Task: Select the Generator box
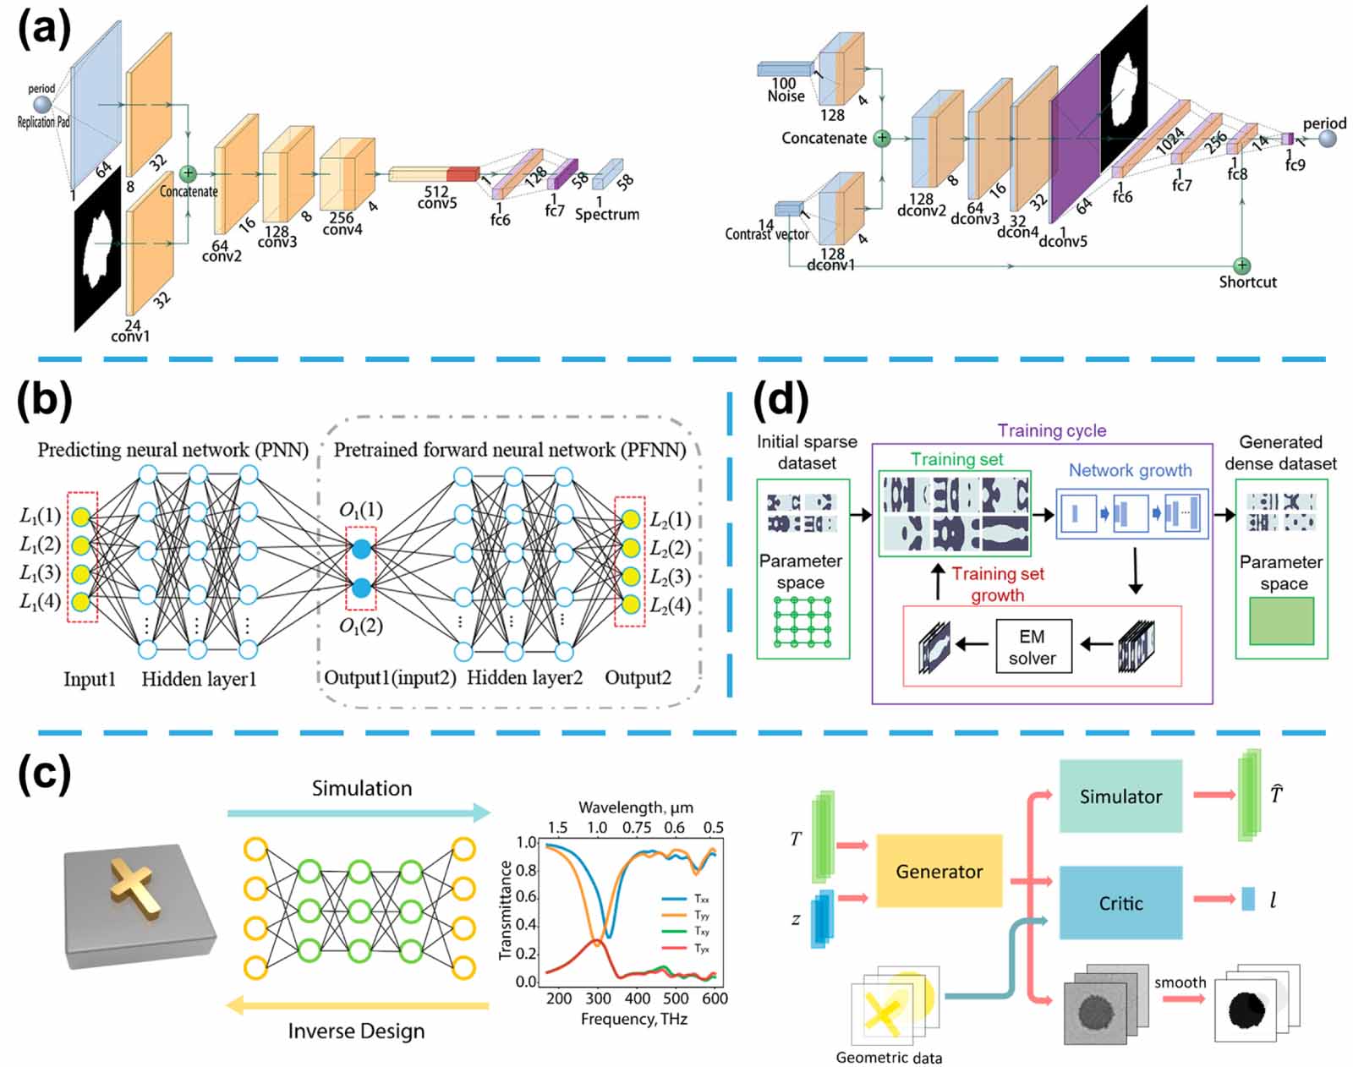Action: (939, 871)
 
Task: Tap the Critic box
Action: (1120, 903)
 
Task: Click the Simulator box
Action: (1120, 796)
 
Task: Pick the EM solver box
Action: (1033, 647)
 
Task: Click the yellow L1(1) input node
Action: (80, 516)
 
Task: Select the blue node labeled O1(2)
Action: (361, 588)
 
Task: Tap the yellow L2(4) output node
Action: (630, 604)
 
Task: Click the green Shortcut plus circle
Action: (1241, 265)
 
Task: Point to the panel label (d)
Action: (781, 399)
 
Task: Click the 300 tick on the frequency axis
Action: (598, 999)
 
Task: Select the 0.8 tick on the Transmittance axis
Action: (526, 870)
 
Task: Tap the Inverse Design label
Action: (356, 1031)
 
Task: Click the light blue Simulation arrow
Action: (359, 813)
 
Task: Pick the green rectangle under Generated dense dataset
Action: (1281, 621)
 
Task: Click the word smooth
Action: (1180, 982)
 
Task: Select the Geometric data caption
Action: (889, 1057)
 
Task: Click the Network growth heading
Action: (1130, 470)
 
